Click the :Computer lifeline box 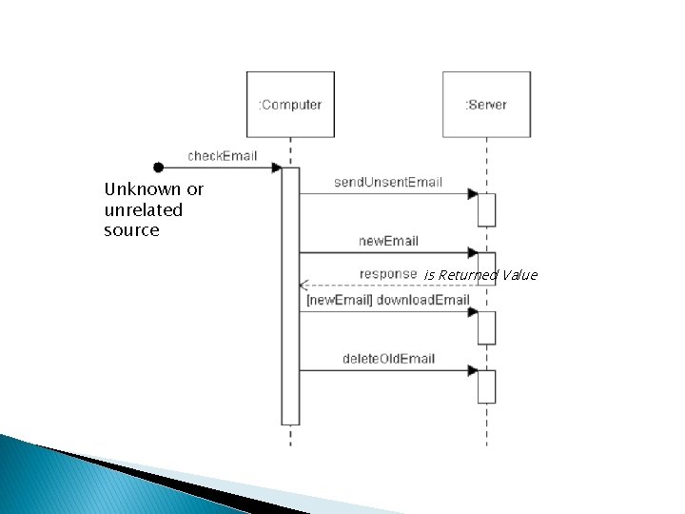(x=290, y=105)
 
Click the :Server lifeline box (x=486, y=105)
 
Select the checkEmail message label (x=222, y=155)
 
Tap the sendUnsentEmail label (x=388, y=182)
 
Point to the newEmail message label (x=388, y=241)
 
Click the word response (x=388, y=274)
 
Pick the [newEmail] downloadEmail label (x=387, y=300)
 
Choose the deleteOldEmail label (x=388, y=359)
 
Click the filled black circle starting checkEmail (x=159, y=168)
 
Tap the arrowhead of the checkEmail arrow (x=276, y=168)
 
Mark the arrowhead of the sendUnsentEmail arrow (x=472, y=194)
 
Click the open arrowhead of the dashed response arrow (x=303, y=285)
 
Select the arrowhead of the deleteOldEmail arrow (x=472, y=371)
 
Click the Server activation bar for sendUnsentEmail (x=486, y=209)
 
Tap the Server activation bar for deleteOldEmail (x=486, y=385)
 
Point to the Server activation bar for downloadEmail (x=486, y=326)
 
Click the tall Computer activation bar (x=290, y=295)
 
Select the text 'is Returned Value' (x=480, y=275)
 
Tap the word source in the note (x=131, y=230)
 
